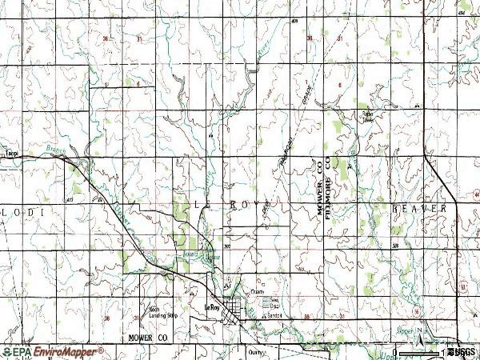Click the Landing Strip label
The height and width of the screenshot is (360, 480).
[160, 312]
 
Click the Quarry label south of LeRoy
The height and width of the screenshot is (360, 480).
[255, 350]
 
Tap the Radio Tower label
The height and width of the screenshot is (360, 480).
[368, 115]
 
